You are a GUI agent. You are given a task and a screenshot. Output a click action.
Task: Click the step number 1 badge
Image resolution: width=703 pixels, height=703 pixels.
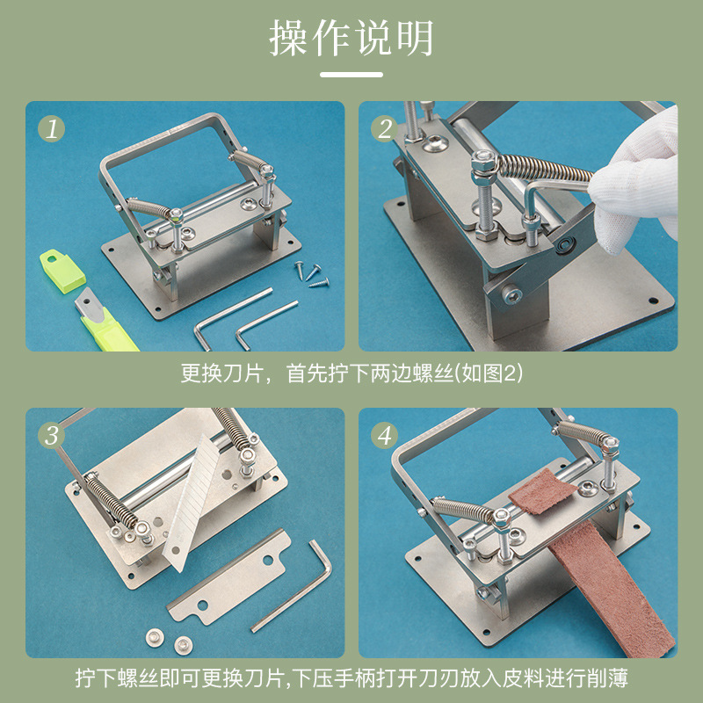click(52, 129)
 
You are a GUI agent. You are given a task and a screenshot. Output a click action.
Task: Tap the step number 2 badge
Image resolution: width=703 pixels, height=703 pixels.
click(385, 129)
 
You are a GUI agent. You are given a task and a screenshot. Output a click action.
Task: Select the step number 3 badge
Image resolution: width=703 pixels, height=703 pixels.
click(52, 435)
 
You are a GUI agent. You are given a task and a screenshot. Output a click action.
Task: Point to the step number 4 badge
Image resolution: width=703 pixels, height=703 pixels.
click(385, 435)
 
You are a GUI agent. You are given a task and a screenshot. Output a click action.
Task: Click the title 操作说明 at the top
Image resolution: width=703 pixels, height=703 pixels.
click(351, 38)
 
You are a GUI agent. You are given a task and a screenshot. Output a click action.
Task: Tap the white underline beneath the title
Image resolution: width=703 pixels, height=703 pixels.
click(351, 75)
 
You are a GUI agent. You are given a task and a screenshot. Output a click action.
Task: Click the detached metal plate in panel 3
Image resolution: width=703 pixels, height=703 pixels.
click(229, 577)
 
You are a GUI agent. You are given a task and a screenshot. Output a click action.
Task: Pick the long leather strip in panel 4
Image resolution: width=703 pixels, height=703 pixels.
click(610, 587)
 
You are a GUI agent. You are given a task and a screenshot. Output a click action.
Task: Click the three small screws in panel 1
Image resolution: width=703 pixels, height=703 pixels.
click(313, 273)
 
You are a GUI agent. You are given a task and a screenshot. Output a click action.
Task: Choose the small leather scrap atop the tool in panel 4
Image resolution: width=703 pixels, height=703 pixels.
click(541, 492)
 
